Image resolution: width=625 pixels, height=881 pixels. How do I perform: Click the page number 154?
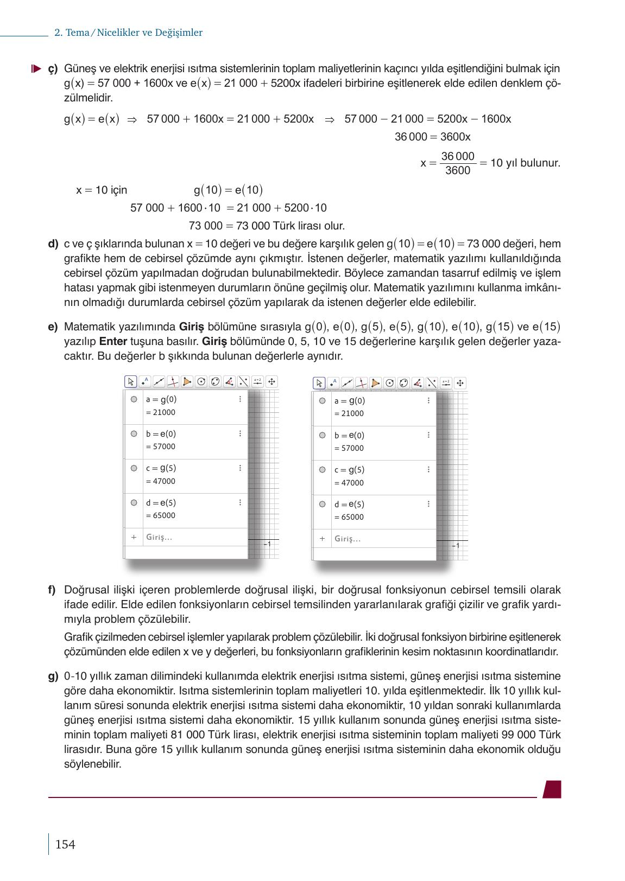65,844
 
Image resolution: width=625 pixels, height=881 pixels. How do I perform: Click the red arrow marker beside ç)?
35,69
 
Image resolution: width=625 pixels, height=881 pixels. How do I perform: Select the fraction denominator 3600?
457,171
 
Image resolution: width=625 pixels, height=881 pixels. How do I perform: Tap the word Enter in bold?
113,342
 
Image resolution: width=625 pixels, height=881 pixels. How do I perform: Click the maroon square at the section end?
552,789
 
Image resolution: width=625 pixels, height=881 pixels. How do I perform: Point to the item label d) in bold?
53,244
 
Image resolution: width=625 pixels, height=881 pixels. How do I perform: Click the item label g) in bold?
53,676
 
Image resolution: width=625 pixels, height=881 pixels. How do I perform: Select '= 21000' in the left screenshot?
161,412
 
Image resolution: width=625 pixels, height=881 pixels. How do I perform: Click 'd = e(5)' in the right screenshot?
349,505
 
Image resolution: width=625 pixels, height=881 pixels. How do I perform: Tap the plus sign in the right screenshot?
322,539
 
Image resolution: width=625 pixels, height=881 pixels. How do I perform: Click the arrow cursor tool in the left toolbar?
130,382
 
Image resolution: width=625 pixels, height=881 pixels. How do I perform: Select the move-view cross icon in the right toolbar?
460,383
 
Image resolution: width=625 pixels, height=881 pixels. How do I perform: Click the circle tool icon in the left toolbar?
201,382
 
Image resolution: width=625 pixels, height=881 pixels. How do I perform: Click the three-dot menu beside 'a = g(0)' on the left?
240,399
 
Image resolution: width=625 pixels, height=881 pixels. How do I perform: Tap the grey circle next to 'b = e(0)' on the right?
322,435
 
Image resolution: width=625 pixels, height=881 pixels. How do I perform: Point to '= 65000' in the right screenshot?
349,517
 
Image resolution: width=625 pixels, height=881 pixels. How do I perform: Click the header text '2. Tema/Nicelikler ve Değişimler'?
129,33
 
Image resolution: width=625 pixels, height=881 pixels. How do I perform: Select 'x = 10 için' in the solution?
102,190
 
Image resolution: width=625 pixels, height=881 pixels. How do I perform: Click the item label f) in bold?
52,590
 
